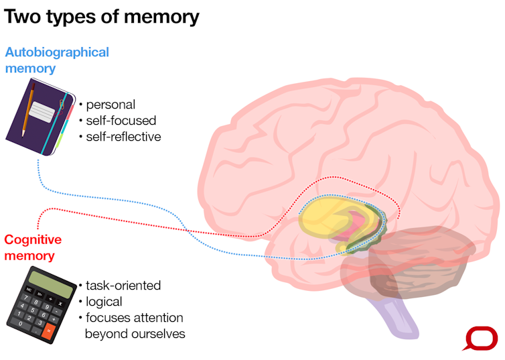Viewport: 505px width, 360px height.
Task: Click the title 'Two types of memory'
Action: (102, 16)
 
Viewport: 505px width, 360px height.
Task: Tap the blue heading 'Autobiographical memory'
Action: (56, 60)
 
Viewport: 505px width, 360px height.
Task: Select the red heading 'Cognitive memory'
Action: (33, 247)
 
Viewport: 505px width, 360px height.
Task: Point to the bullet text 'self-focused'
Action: (121, 121)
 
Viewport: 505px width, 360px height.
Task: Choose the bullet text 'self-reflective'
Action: (123, 137)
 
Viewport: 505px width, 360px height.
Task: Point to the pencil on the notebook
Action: (27, 107)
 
